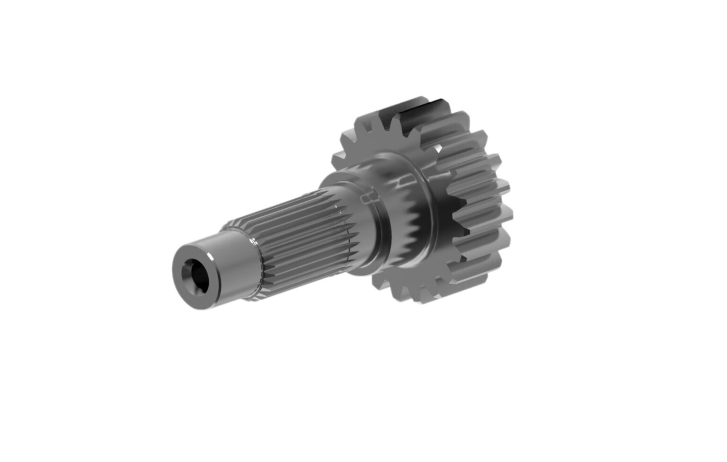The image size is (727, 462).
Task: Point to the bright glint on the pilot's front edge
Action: pos(210,260)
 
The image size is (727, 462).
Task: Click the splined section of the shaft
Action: pos(293,237)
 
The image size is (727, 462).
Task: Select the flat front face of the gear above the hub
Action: pos(374,142)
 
